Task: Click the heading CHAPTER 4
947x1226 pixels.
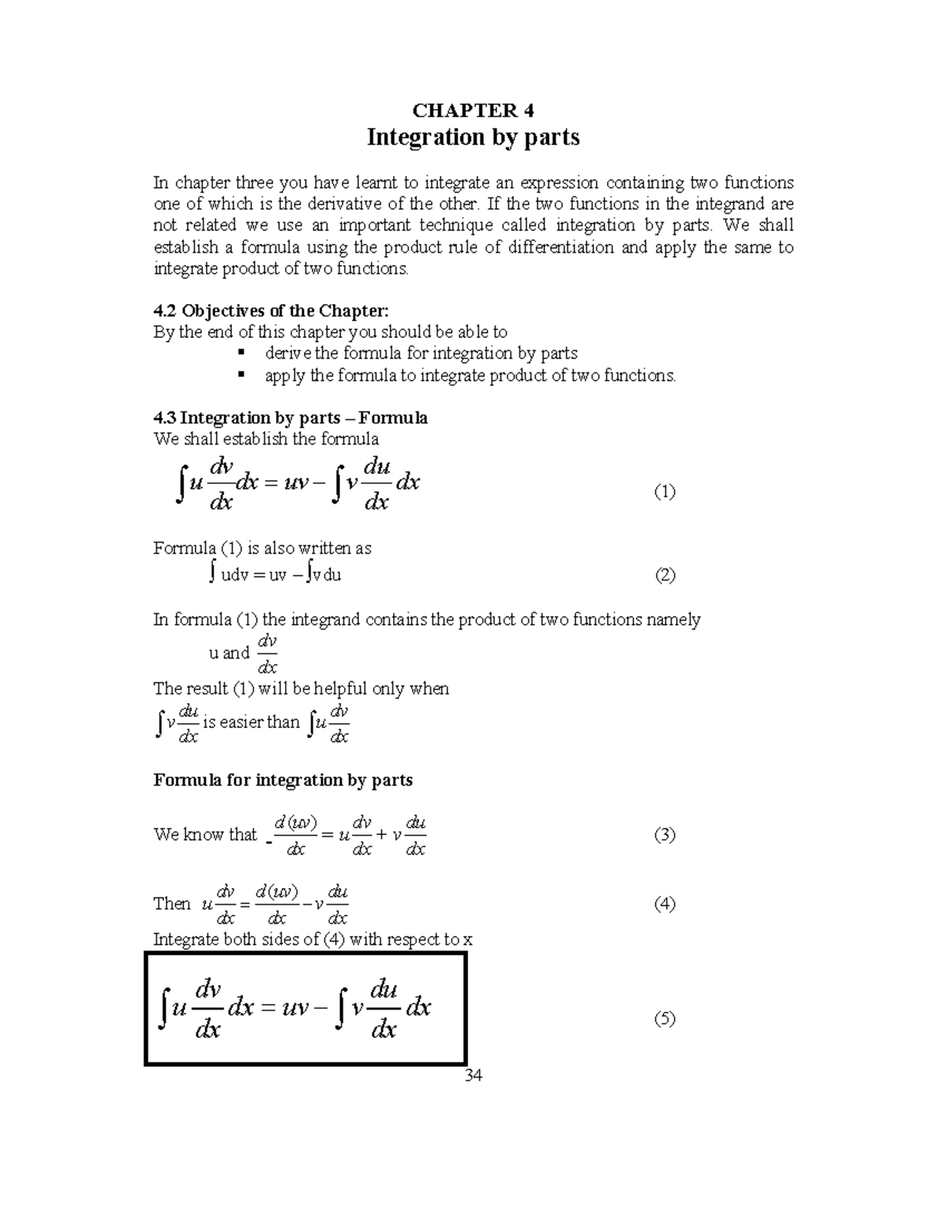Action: (x=473, y=110)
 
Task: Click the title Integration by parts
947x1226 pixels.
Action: (x=473, y=137)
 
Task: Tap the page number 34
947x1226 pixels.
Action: (x=473, y=1075)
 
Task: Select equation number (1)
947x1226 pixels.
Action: (x=664, y=493)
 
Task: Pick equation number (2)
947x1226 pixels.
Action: (x=664, y=575)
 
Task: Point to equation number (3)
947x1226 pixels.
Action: (x=664, y=834)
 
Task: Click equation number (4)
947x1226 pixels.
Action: (x=664, y=904)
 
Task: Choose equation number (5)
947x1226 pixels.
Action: (x=664, y=1018)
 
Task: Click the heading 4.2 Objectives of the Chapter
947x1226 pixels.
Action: (x=271, y=310)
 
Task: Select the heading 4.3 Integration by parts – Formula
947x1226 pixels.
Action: (x=290, y=418)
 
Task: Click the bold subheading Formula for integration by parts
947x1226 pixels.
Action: (x=283, y=780)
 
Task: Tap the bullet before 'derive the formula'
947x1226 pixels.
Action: (x=241, y=353)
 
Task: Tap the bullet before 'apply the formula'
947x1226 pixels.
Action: (x=241, y=375)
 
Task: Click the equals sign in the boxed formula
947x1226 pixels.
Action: (x=266, y=1008)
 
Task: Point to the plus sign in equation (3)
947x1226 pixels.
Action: (x=382, y=835)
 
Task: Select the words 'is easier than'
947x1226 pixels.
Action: (x=251, y=722)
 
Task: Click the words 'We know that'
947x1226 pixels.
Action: (x=205, y=834)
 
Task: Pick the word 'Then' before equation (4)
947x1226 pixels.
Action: (x=172, y=904)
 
